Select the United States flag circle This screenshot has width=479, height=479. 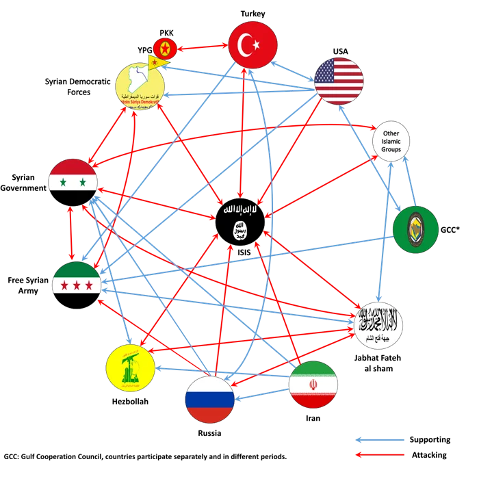point(339,81)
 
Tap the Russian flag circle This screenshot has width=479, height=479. point(210,399)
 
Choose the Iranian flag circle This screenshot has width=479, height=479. point(313,385)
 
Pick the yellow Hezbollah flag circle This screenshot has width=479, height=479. point(130,368)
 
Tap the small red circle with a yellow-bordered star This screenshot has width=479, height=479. point(164,48)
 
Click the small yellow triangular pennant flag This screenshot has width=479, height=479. point(159,62)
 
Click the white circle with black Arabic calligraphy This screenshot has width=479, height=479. point(379,325)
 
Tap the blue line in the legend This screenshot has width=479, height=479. point(378,441)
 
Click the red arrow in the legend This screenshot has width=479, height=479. point(378,454)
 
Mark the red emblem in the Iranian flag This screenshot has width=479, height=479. point(313,385)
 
